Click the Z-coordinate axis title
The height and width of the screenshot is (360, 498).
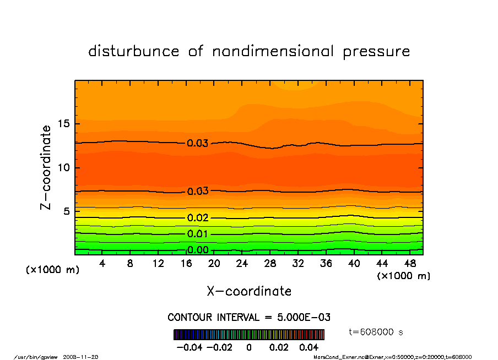(46, 167)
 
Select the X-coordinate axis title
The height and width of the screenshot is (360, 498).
(249, 291)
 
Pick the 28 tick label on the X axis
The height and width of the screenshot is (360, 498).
(270, 264)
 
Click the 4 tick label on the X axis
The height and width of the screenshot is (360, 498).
(102, 264)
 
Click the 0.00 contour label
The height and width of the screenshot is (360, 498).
(198, 250)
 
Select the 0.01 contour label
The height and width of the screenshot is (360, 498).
(198, 234)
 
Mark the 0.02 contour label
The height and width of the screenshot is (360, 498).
(198, 218)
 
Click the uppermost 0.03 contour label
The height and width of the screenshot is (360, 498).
(198, 144)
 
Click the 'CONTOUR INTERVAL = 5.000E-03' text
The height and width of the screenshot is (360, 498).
(249, 318)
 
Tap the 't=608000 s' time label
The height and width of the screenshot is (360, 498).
(377, 331)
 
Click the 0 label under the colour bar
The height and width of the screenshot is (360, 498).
(249, 348)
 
